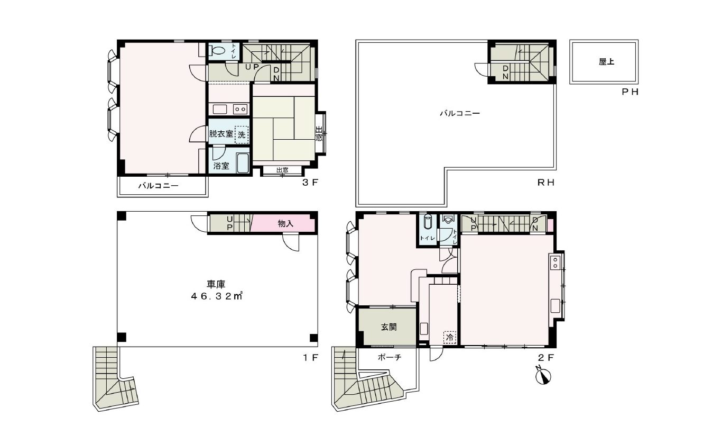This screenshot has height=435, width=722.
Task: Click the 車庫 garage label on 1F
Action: [x=216, y=284]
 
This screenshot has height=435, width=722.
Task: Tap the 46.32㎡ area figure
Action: [x=216, y=296]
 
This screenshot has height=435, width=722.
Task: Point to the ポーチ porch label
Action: [x=390, y=357]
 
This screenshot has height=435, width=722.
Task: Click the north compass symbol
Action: [x=543, y=376]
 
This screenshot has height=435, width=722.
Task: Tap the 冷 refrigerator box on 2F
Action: [x=450, y=338]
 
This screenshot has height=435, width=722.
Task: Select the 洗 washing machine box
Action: [x=242, y=134]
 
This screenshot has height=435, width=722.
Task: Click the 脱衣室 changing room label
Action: [x=221, y=133]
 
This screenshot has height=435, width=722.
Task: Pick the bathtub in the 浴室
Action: [x=243, y=164]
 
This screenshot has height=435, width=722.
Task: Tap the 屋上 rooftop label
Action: [x=606, y=61]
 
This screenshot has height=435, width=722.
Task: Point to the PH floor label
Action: [x=630, y=92]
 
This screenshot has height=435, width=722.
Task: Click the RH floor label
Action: [x=545, y=183]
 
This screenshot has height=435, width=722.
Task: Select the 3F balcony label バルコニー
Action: [x=158, y=186]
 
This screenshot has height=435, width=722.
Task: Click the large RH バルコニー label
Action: [x=460, y=113]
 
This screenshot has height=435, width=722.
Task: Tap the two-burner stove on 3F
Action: [x=240, y=110]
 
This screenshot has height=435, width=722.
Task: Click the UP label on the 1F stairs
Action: [x=229, y=223]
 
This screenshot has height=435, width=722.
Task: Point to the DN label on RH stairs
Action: [x=505, y=72]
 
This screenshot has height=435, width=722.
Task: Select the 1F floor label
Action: [x=311, y=358]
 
